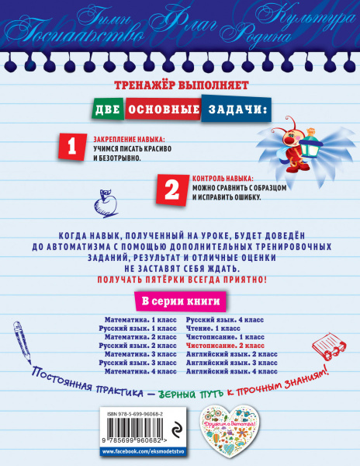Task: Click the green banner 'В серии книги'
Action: pyautogui.click(x=179, y=301)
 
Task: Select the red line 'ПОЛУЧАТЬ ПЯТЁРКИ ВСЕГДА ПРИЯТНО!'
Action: pyautogui.click(x=180, y=277)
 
